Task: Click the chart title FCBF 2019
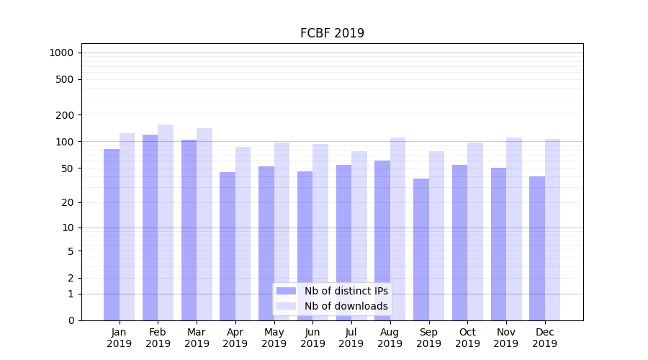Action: coord(332,33)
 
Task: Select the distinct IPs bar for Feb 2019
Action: coord(150,228)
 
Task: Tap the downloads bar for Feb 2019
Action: coord(166,222)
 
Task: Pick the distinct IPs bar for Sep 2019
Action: coord(421,249)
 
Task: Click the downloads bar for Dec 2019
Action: coord(553,230)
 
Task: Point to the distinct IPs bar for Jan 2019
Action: coord(112,235)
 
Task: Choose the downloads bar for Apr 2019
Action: coord(243,233)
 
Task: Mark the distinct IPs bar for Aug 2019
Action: coord(382,240)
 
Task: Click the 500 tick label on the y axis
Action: coord(65,79)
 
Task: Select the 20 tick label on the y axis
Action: coord(67,202)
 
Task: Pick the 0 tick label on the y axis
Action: coord(71,320)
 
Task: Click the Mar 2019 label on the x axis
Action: coord(197,338)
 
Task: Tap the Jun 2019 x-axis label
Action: coord(312,338)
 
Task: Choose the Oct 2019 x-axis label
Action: coord(467,338)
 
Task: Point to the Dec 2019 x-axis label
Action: coord(545,338)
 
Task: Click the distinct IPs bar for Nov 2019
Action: coord(498,244)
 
